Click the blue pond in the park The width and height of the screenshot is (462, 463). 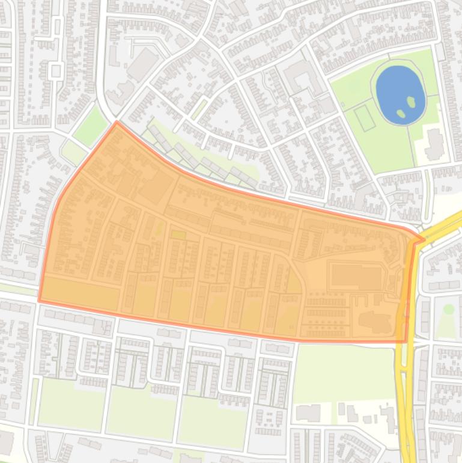[397, 90]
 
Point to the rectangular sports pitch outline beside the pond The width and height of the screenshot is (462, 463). [365, 117]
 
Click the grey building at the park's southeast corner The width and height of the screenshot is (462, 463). [434, 144]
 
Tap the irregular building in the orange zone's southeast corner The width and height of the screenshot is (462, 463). [375, 322]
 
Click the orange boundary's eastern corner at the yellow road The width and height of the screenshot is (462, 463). [423, 239]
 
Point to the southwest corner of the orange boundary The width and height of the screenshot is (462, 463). [40, 300]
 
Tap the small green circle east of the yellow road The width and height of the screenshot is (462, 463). [448, 309]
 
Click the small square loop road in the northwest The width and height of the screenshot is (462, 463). [56, 70]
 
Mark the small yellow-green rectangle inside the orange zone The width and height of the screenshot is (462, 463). [178, 235]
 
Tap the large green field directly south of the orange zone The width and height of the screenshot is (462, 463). [342, 373]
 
